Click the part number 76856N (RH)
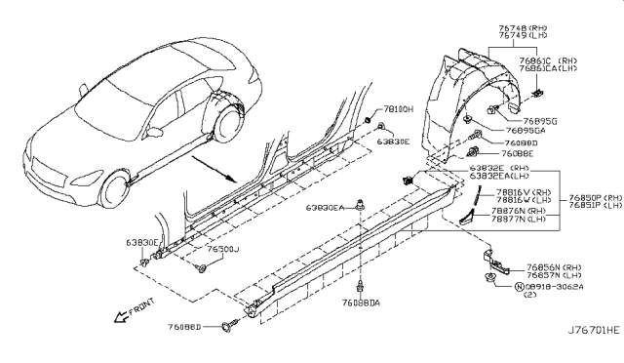pyautogui.click(x=549, y=266)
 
